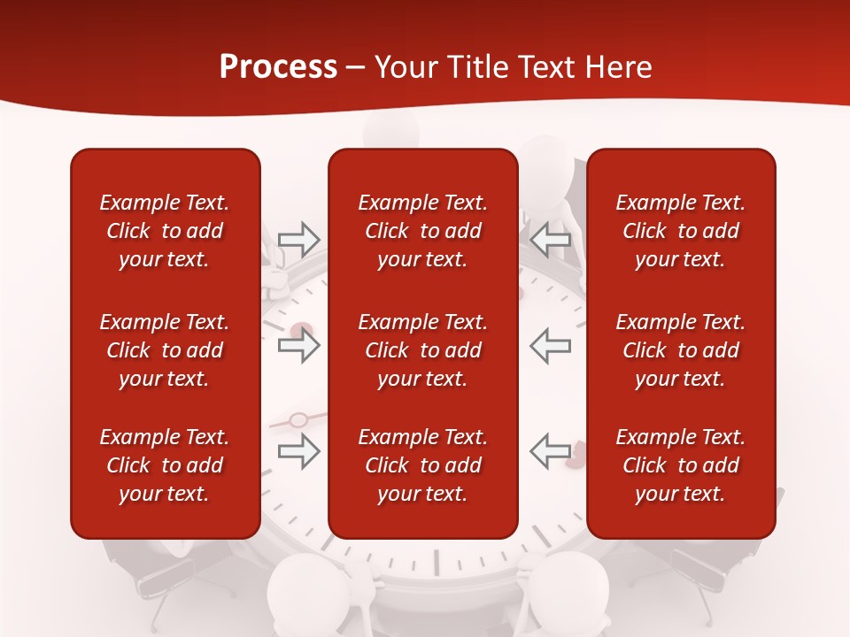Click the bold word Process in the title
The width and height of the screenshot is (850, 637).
278,67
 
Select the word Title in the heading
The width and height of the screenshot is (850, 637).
480,67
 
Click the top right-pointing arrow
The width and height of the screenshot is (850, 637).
298,239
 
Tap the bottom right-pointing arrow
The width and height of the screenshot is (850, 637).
298,450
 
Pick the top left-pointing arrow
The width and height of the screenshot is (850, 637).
551,239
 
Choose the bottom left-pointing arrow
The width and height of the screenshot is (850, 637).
551,450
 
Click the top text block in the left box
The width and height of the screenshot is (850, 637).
165,231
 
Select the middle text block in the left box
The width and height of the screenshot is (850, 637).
165,350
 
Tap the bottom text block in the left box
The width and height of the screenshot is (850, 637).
165,465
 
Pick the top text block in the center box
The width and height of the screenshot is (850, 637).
423,231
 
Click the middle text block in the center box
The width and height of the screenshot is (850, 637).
423,350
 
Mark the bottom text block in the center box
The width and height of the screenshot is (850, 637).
423,465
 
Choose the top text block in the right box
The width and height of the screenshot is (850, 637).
681,231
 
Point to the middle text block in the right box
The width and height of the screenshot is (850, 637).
681,350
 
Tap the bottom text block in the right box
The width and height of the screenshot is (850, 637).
681,465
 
